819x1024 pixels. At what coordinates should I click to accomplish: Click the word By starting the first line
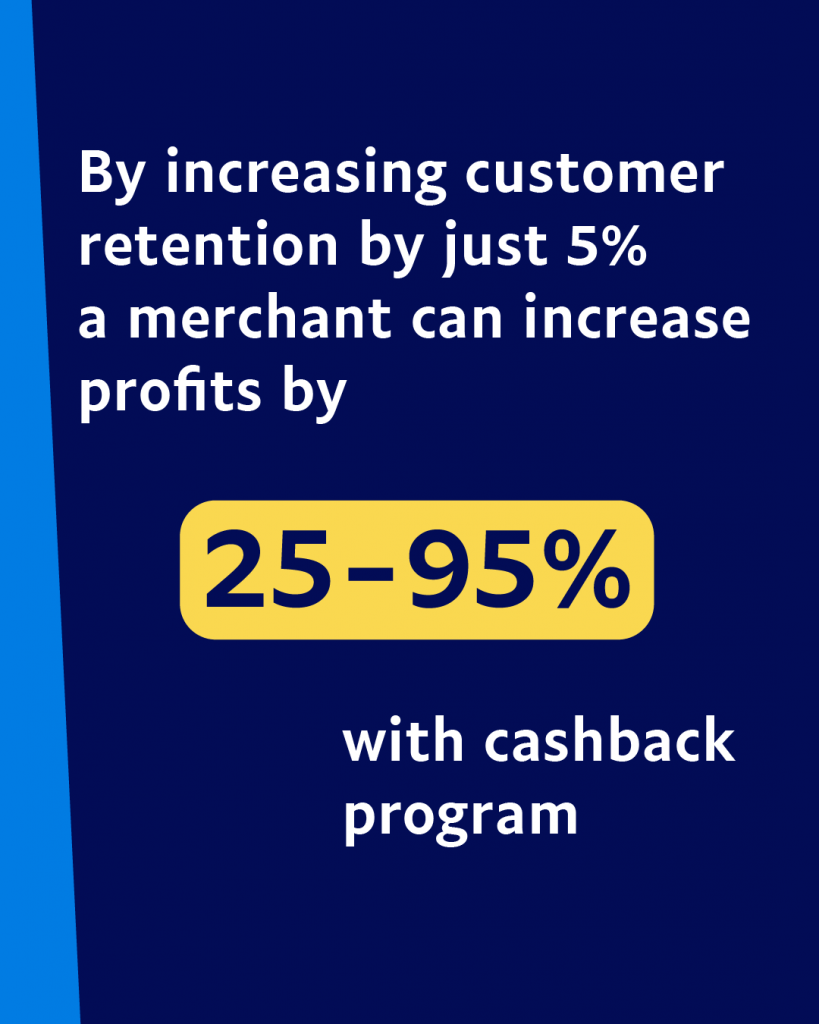click(111, 174)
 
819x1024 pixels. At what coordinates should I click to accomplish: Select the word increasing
click(306, 174)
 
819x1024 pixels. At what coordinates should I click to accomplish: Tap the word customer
click(595, 174)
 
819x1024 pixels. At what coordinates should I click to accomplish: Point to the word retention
click(208, 246)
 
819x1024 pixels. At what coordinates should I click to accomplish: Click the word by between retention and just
click(391, 248)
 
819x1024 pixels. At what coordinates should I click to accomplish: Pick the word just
click(494, 248)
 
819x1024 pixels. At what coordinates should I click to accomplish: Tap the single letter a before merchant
click(92, 321)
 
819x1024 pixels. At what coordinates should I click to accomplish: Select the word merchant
click(260, 317)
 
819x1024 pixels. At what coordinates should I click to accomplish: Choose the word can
click(457, 321)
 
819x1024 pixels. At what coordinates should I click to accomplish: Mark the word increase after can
click(637, 317)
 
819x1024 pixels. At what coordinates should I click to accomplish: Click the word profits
click(170, 392)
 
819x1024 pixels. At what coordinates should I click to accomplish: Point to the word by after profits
click(314, 394)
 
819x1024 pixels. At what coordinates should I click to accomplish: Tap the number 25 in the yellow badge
click(268, 569)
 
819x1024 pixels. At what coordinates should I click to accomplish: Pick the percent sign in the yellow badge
click(585, 568)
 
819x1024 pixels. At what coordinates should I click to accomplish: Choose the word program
click(460, 817)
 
